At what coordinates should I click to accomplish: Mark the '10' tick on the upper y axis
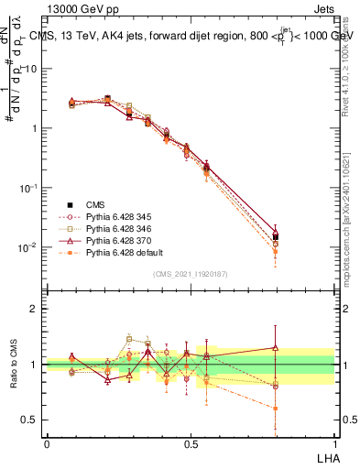(31, 69)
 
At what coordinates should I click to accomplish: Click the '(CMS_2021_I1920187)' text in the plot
(191, 274)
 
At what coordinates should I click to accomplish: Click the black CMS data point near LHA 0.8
(276, 236)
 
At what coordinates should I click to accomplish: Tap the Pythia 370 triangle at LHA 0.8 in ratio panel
(276, 347)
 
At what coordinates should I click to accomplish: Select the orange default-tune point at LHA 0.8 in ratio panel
(276, 409)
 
